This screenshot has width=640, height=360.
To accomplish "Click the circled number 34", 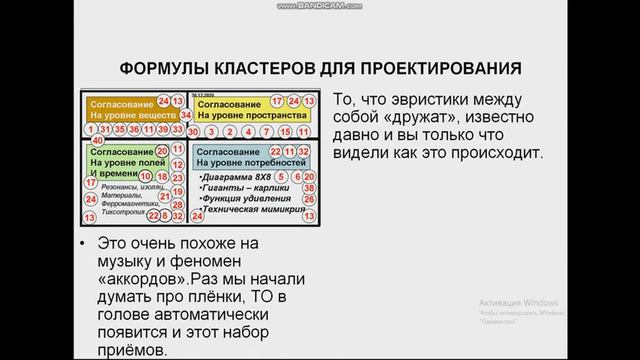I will click(x=186, y=115).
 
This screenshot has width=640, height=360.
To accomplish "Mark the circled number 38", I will click(x=310, y=187).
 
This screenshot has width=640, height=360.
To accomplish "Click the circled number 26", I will click(x=310, y=200).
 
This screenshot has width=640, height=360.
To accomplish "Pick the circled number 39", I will click(x=163, y=131).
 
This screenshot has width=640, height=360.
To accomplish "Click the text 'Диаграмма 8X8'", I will click(x=236, y=175).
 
